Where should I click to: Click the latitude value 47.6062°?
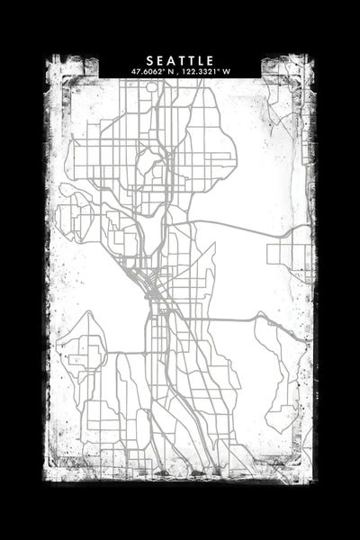pyautogui.click(x=150, y=72)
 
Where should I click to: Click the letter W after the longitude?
pyautogui.click(x=227, y=72)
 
